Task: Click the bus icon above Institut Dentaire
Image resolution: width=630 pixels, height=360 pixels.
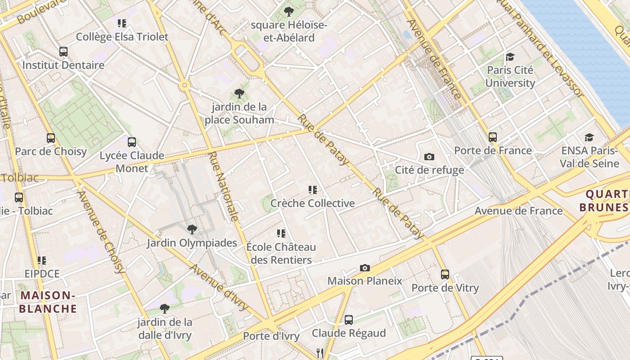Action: point(63,51)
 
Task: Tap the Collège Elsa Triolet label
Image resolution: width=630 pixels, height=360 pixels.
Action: point(122,37)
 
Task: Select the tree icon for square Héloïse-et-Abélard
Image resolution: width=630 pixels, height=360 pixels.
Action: point(289,12)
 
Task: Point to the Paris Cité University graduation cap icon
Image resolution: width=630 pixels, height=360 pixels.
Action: point(510,57)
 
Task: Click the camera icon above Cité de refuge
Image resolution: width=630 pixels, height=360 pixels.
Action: point(429,157)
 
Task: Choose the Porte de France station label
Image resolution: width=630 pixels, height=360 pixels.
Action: point(493,150)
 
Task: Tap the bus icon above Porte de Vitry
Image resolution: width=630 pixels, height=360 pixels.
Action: point(445,274)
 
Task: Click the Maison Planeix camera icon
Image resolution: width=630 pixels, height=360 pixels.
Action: point(365,268)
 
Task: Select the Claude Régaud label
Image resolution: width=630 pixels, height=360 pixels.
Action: point(349,333)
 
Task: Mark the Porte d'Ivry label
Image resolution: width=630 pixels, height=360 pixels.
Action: point(271,336)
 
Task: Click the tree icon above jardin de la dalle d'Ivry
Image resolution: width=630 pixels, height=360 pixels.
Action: point(165,309)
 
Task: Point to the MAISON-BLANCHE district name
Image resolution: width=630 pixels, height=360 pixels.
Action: point(48,302)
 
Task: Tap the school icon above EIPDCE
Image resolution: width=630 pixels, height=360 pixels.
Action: point(42,260)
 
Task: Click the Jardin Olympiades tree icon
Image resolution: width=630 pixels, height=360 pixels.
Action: point(192,229)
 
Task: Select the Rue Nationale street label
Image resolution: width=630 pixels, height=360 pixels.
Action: point(223,186)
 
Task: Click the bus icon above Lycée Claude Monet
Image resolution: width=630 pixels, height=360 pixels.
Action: point(132,142)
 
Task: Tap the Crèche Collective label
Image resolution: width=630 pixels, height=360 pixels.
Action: point(312,203)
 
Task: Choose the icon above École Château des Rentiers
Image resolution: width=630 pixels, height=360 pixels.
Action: point(281,233)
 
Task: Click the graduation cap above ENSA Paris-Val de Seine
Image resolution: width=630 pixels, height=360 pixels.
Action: point(589,137)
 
